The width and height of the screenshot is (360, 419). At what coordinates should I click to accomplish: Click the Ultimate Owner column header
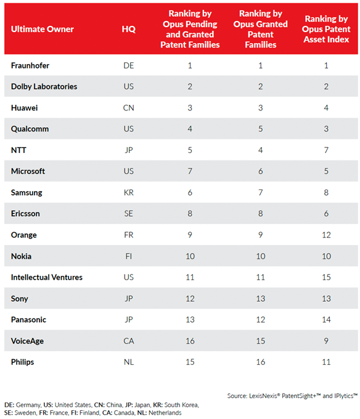pyautogui.click(x=42, y=29)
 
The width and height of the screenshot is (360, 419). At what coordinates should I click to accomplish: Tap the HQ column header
pyautogui.click(x=129, y=29)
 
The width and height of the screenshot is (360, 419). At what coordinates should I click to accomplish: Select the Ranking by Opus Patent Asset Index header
pyautogui.click(x=326, y=29)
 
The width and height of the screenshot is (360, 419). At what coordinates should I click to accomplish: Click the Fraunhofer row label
pyautogui.click(x=30, y=65)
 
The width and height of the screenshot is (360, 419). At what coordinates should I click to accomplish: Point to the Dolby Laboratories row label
pyautogui.click(x=44, y=86)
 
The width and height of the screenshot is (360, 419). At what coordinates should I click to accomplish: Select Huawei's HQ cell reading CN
pyautogui.click(x=129, y=108)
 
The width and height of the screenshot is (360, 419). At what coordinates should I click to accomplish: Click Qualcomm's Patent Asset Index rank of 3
pyautogui.click(x=326, y=129)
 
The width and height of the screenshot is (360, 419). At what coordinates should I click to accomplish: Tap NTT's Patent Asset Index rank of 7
pyautogui.click(x=326, y=150)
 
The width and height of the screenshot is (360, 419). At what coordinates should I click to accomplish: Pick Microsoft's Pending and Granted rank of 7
pyautogui.click(x=190, y=171)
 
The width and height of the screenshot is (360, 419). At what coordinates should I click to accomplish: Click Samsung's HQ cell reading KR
pyautogui.click(x=129, y=193)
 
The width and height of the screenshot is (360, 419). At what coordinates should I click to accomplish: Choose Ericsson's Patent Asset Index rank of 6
pyautogui.click(x=326, y=214)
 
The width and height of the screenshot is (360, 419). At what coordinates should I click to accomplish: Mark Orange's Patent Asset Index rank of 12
pyautogui.click(x=326, y=235)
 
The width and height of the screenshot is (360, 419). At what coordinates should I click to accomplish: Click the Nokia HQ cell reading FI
pyautogui.click(x=129, y=256)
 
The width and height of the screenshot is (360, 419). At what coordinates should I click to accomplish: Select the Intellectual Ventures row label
pyautogui.click(x=47, y=277)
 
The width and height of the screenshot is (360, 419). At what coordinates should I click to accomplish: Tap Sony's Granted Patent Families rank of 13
pyautogui.click(x=261, y=299)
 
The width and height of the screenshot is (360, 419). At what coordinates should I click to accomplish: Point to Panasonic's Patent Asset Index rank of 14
pyautogui.click(x=326, y=320)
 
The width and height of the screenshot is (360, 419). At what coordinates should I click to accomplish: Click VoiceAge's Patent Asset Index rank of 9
pyautogui.click(x=326, y=341)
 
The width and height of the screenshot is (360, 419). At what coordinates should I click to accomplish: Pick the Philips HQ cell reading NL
pyautogui.click(x=129, y=362)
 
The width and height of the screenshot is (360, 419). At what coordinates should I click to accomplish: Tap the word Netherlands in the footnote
pyautogui.click(x=165, y=413)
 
